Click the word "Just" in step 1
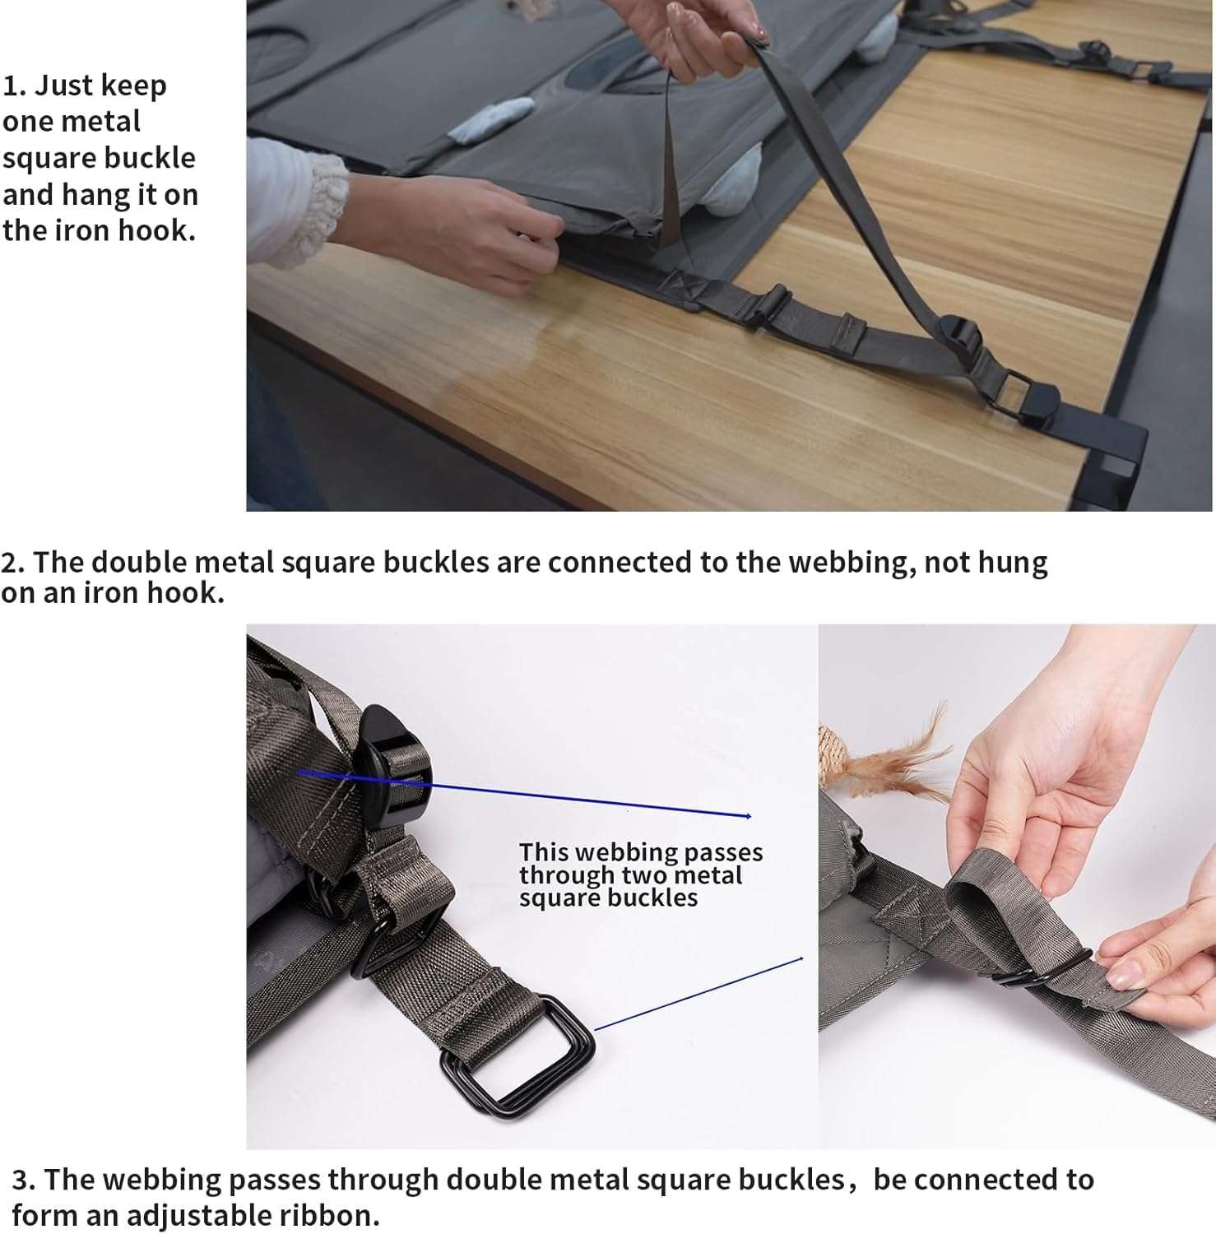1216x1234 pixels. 64,86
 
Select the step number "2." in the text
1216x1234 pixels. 13,563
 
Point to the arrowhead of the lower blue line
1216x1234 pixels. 800,958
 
